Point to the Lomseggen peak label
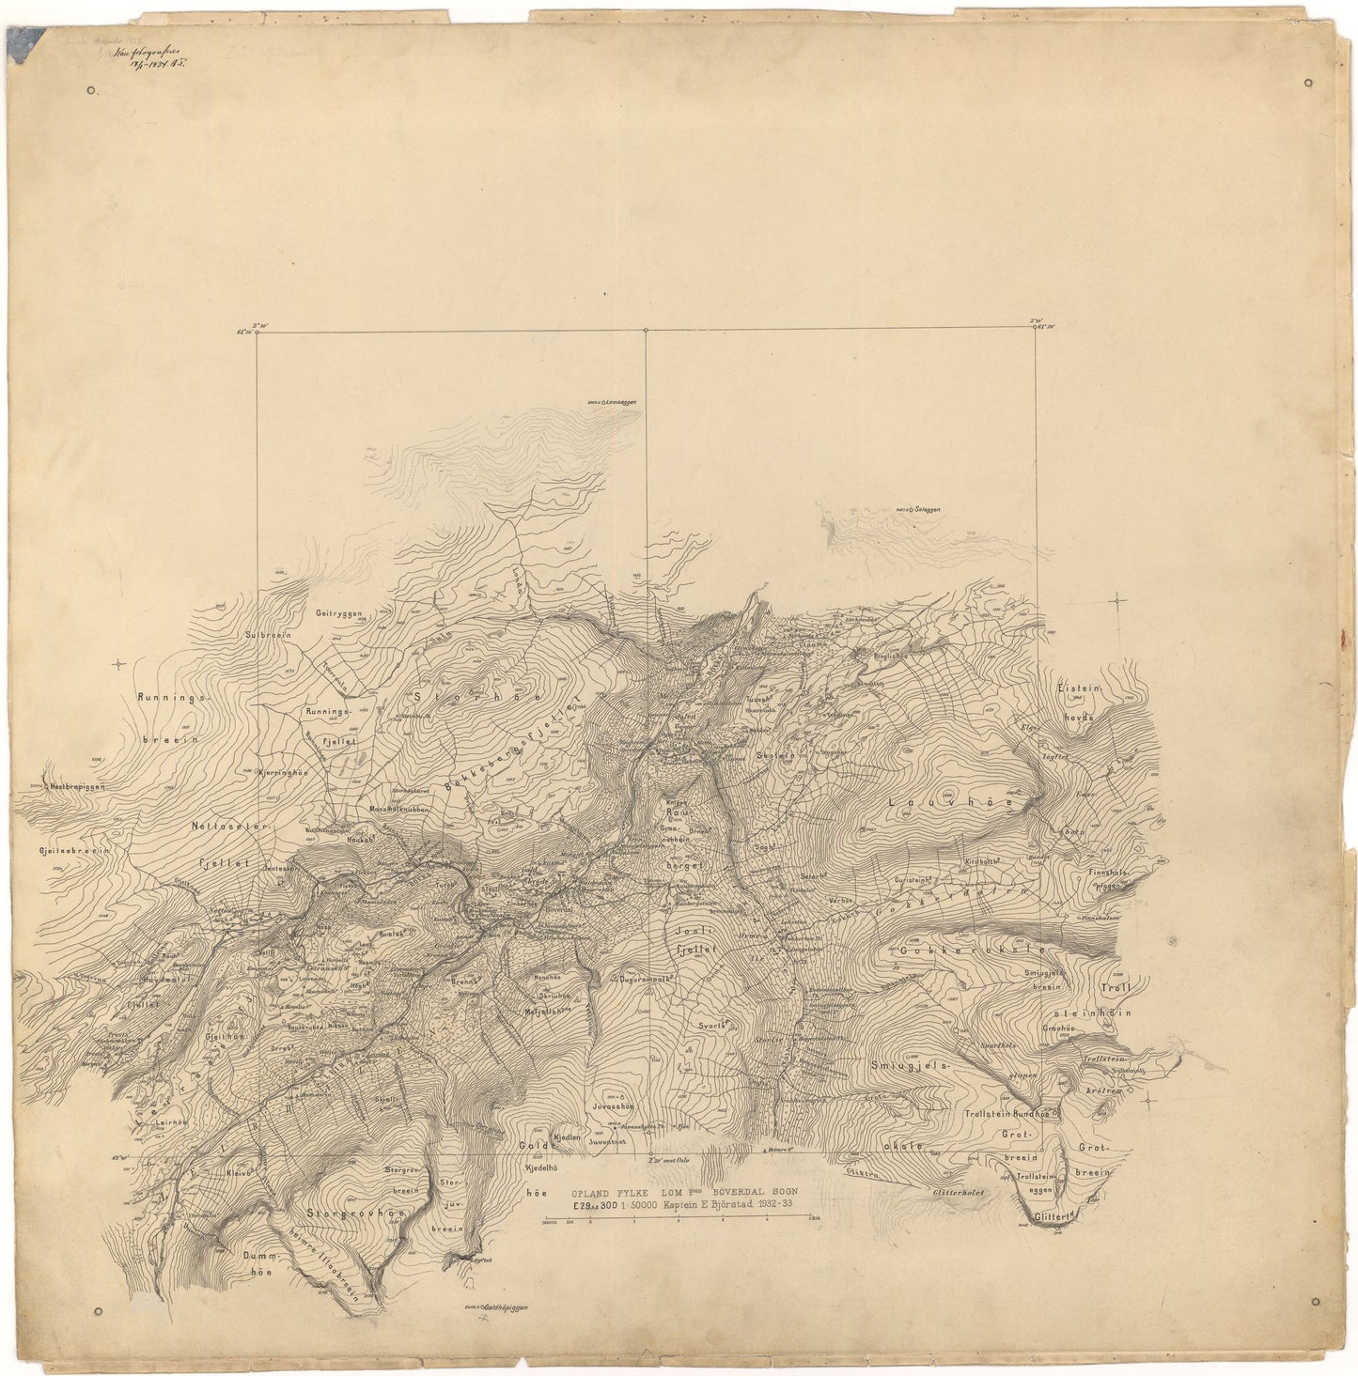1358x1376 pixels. (617, 402)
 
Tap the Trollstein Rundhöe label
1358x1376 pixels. (1008, 1114)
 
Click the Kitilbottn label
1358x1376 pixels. (980, 861)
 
